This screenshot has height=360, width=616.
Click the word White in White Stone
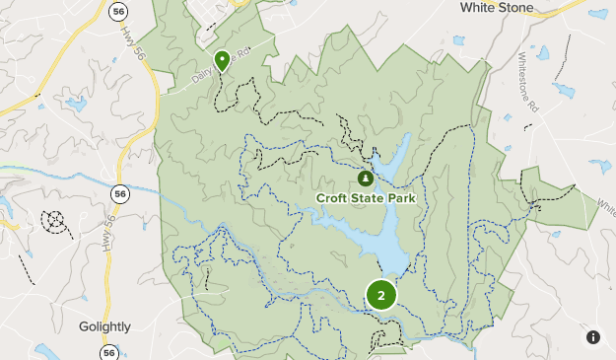click(x=478, y=8)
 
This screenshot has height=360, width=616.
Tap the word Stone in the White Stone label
click(x=515, y=8)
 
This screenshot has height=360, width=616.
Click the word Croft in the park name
click(x=333, y=198)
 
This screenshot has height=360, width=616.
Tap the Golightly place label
click(x=105, y=326)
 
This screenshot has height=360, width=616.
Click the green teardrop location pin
click(x=223, y=61)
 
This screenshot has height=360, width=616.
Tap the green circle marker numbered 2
click(x=381, y=294)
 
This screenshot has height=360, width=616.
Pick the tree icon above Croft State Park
click(x=366, y=179)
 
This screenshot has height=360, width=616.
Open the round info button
click(x=593, y=337)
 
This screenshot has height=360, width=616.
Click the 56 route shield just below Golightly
click(x=108, y=352)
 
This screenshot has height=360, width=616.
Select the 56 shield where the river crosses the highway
click(x=119, y=194)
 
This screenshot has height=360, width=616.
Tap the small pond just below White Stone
click(x=458, y=41)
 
